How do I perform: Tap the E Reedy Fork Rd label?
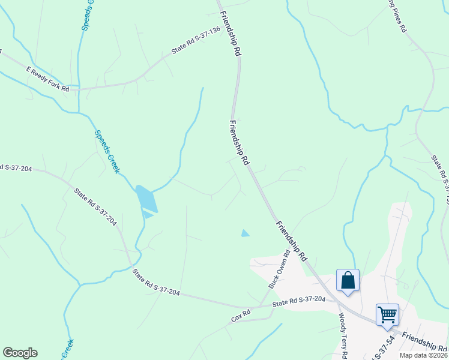[48, 80]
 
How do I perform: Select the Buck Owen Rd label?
[280, 269]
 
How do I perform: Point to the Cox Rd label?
[241, 316]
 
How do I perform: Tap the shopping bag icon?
[348, 280]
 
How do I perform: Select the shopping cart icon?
[387, 314]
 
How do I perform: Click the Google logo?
[20, 353]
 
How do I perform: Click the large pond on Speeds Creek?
[146, 199]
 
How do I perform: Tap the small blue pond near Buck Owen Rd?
[244, 233]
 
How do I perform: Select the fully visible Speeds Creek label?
[107, 151]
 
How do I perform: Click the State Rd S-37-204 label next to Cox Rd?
[299, 302]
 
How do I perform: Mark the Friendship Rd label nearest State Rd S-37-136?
[230, 34]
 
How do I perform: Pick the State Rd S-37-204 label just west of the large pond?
[95, 206]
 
